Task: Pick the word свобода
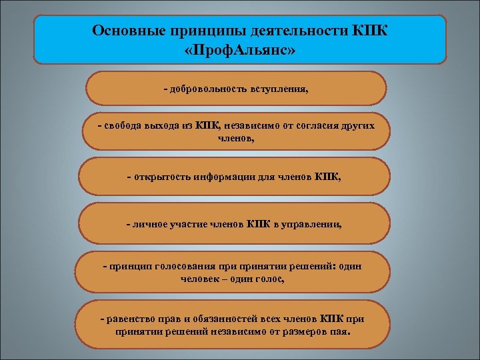pyautogui.click(x=122, y=126)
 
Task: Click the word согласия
pyautogui.click(x=311, y=126)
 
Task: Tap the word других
pyautogui.click(x=357, y=126)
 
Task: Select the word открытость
pyautogui.click(x=163, y=177)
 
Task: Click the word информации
pyautogui.click(x=229, y=177)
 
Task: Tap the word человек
pyautogui.click(x=202, y=279)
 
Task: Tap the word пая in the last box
pyautogui.click(x=341, y=331)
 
